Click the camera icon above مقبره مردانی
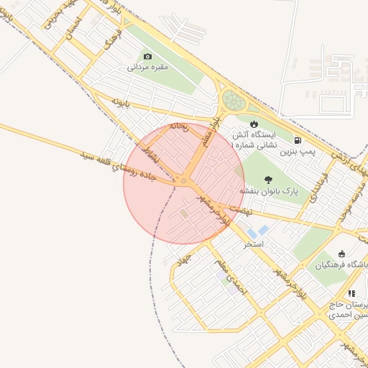coord(148,56)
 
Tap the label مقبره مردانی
coord(147,68)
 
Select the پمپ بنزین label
coord(298,152)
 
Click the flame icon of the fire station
coord(253,124)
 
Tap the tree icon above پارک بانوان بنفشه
coord(269,180)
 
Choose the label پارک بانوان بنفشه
coord(269,191)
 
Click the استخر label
coord(254,244)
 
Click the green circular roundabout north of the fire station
coord(233,100)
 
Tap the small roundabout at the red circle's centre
coord(184,181)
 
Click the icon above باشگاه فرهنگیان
coord(341,254)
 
